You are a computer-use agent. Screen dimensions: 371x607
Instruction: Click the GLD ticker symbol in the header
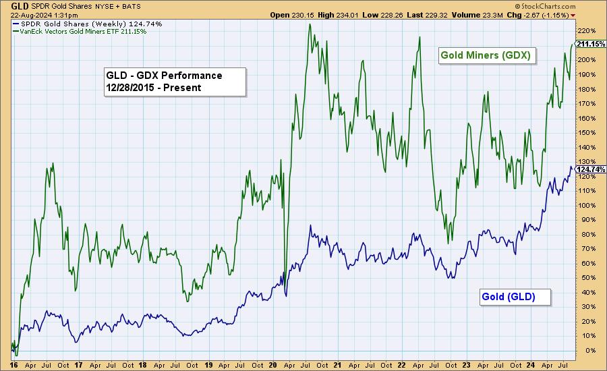tap(11, 5)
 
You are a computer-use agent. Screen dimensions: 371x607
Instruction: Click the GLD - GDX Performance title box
tap(173, 81)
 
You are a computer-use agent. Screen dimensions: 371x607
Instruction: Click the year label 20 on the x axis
tap(273, 364)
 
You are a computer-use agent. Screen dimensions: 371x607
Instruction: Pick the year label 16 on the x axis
tap(15, 364)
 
